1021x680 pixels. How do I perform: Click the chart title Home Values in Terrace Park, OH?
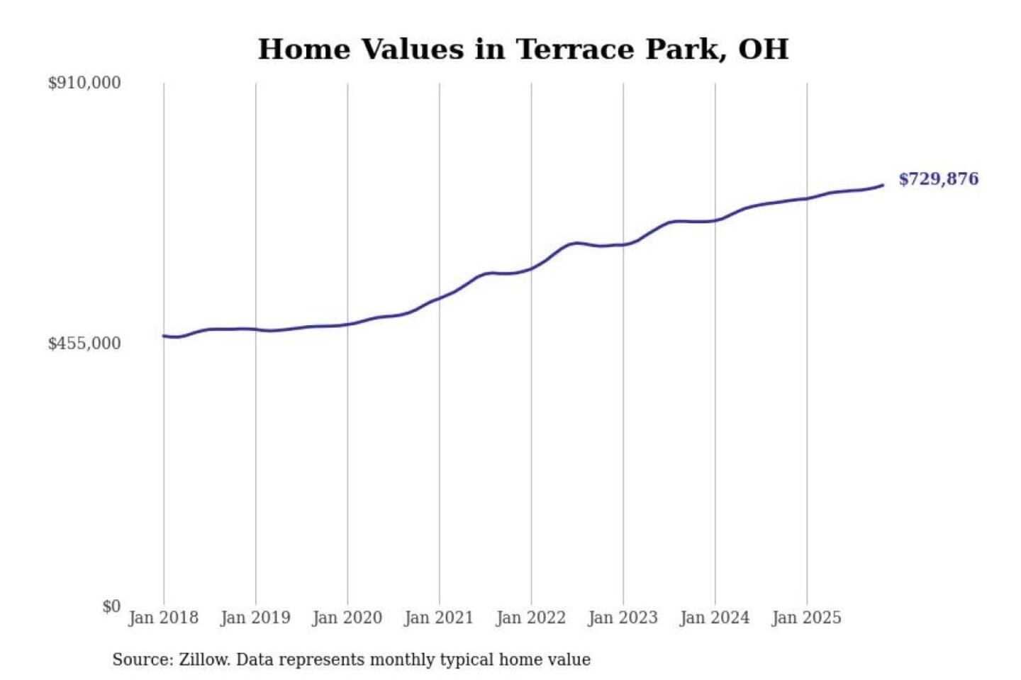point(523,50)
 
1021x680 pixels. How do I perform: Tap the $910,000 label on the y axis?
point(84,83)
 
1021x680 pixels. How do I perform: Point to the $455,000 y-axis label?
point(84,344)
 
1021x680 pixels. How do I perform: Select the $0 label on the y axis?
point(111,606)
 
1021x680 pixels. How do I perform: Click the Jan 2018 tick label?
point(163,618)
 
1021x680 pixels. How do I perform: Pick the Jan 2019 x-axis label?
point(255,618)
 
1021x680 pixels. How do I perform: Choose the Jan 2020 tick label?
point(347,618)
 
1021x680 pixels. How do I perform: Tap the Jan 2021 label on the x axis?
point(439,618)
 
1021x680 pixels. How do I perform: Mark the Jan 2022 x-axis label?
point(531,618)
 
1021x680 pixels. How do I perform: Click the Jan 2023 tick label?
point(623,618)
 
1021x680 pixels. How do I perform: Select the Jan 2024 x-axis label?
point(715,618)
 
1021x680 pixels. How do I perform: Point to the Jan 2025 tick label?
point(806,618)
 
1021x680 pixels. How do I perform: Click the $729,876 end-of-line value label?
point(938,179)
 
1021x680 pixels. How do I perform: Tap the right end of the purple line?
point(883,186)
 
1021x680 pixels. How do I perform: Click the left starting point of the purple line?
point(164,336)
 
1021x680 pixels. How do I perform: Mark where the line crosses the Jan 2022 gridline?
point(531,269)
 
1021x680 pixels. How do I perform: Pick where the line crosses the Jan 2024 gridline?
point(715,220)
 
